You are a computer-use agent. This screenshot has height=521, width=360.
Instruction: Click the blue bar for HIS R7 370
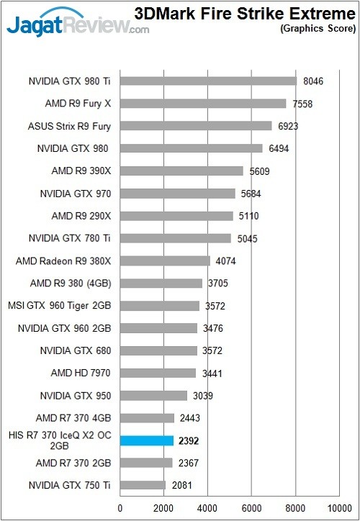tap(147, 440)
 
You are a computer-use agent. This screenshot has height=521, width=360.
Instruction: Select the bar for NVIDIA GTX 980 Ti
tap(208, 81)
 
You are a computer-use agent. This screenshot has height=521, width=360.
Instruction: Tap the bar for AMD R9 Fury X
tap(203, 104)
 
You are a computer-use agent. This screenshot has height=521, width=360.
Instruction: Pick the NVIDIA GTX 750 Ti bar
tap(143, 485)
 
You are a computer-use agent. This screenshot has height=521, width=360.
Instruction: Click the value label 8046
tap(313, 81)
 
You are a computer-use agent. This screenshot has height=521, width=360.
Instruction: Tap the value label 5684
tap(251, 194)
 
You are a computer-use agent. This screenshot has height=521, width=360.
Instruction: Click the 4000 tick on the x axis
tap(207, 507)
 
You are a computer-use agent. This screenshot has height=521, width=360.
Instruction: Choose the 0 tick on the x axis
tap(120, 507)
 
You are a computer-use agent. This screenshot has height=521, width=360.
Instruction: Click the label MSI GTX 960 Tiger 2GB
tap(63, 306)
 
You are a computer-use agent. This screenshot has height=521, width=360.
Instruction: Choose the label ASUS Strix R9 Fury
tap(74, 126)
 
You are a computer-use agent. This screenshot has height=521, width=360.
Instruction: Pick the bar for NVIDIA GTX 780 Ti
tap(176, 238)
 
